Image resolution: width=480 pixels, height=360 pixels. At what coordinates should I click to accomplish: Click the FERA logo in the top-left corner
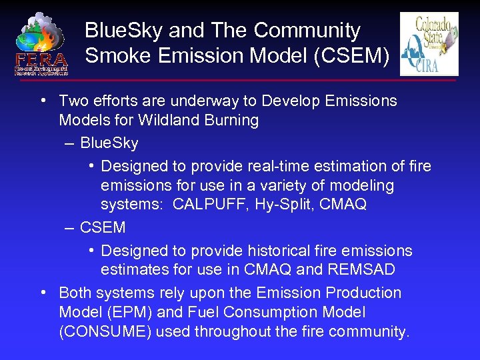41,43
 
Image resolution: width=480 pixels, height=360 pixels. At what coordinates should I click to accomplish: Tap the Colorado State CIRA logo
429,44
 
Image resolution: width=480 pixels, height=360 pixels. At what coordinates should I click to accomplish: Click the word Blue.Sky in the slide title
124,31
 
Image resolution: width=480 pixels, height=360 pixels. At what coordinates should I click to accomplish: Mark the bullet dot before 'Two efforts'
43,101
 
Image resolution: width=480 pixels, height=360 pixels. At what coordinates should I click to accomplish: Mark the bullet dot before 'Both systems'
43,293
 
